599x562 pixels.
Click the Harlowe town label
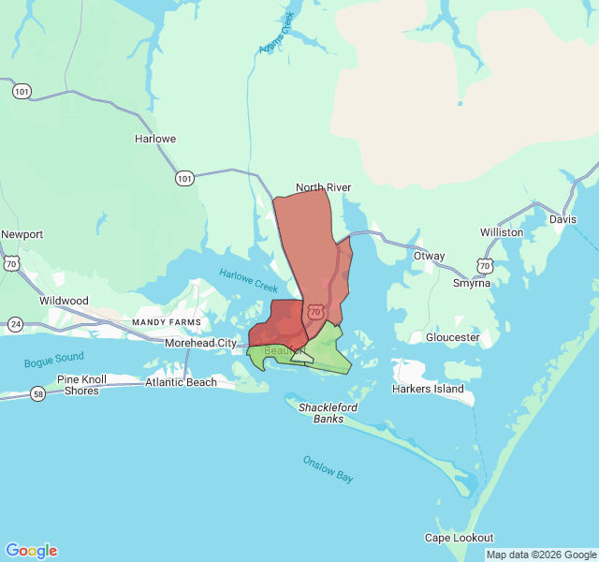coord(155,139)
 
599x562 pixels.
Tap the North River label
coord(323,187)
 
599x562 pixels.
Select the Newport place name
coord(22,234)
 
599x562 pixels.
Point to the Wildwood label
coord(64,301)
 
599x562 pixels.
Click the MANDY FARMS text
coord(167,322)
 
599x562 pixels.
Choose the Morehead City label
coord(200,343)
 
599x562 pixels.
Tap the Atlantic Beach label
coord(181,382)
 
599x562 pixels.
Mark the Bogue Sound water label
coord(54,359)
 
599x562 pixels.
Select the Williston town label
coord(502,231)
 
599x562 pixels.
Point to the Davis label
coord(563,219)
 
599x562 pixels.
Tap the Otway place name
coord(429,256)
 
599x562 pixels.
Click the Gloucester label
coord(452,337)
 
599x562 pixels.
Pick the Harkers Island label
coord(428,389)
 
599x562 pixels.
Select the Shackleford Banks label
coord(328,413)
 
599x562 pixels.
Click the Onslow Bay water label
coord(328,468)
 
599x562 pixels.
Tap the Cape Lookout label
coord(459,538)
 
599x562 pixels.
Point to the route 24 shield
coord(16,324)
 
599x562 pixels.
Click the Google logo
coord(31,551)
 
